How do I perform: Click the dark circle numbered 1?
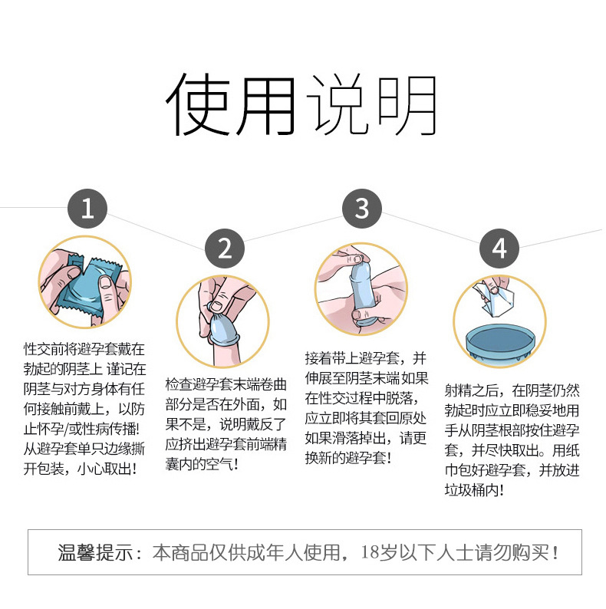tap(87, 209)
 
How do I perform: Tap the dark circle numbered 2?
tap(225, 248)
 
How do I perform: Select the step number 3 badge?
tap(362, 209)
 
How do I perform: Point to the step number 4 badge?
tap(499, 248)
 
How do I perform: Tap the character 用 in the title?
tap(266, 106)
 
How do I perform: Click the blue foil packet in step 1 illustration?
tap(86, 282)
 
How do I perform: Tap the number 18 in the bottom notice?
tap(376, 551)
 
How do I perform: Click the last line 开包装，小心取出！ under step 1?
tap(80, 468)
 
